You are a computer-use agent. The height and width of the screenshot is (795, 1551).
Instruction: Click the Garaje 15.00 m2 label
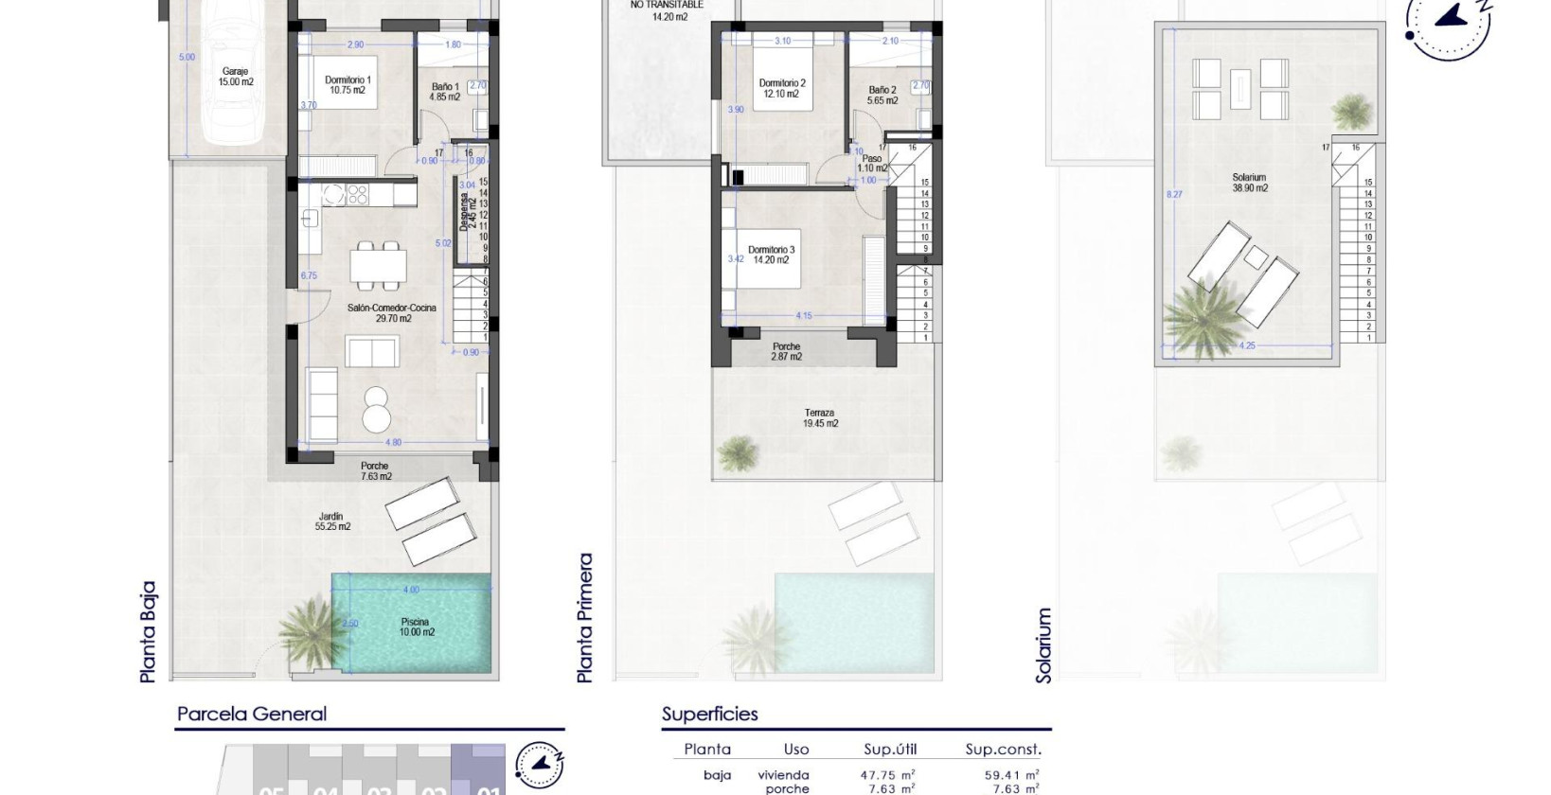(237, 77)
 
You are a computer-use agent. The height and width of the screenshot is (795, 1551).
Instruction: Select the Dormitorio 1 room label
(348, 85)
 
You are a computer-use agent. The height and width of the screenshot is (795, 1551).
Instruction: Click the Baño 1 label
(444, 92)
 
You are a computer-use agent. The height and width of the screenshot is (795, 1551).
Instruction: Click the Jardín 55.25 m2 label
(332, 521)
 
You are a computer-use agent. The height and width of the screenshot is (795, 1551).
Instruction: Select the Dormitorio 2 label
(782, 89)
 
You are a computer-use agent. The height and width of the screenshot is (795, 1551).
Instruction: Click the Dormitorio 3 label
(772, 255)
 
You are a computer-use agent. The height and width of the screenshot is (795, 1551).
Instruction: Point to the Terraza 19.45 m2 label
(819, 418)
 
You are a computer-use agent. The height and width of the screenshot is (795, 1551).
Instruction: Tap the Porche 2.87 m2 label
(786, 352)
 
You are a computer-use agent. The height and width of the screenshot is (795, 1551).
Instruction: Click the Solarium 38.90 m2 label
(1249, 183)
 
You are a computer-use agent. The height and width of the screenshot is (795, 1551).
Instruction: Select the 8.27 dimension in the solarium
(1174, 194)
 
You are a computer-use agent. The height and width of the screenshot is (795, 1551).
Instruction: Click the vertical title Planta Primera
(585, 618)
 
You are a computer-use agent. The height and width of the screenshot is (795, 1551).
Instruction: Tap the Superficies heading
(710, 715)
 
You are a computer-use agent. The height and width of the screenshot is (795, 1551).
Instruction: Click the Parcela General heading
(252, 715)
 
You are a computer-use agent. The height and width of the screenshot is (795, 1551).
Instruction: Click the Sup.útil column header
(890, 750)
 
